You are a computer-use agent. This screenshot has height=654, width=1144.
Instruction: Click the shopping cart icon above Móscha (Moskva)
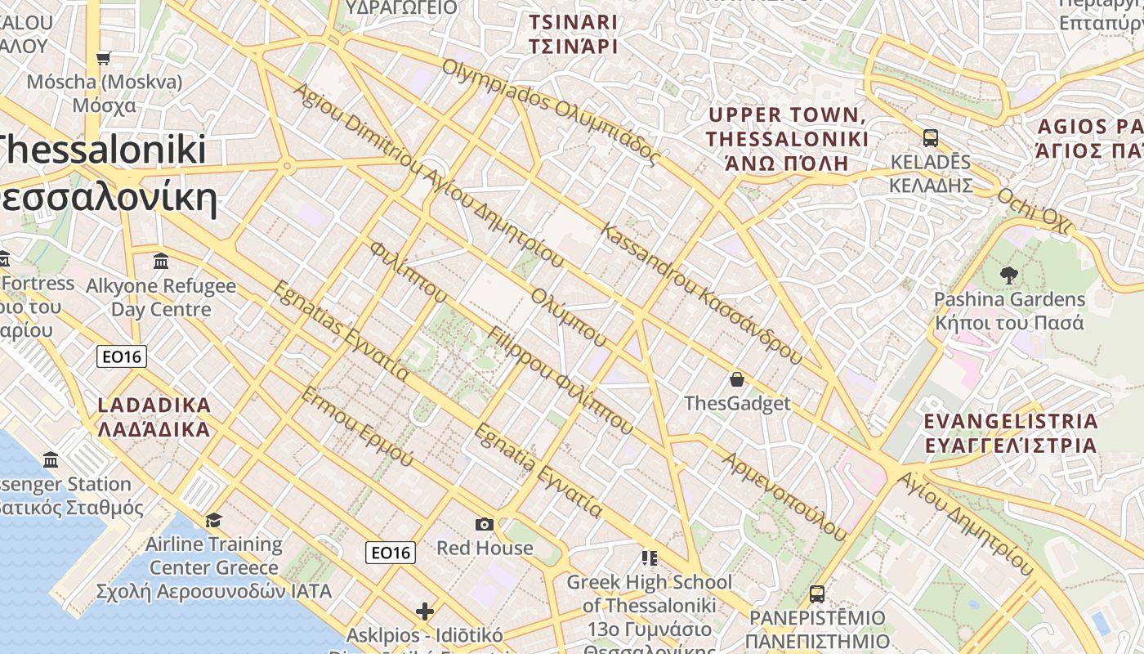pyautogui.click(x=103, y=58)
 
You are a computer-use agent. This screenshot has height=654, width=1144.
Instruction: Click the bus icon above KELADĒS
pyautogui.click(x=930, y=137)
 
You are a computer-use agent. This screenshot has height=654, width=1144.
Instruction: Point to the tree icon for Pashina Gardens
pyautogui.click(x=1009, y=275)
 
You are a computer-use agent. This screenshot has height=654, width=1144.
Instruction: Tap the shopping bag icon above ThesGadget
pyautogui.click(x=737, y=379)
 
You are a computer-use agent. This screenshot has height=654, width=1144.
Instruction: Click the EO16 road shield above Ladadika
pyautogui.click(x=121, y=356)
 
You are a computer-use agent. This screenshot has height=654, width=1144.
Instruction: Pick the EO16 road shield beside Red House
pyautogui.click(x=390, y=553)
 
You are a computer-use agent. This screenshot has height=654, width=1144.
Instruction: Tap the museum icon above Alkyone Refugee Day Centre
pyautogui.click(x=161, y=262)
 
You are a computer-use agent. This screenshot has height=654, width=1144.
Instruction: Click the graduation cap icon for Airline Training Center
pyautogui.click(x=213, y=520)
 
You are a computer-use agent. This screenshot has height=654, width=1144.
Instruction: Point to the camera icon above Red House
pyautogui.click(x=484, y=524)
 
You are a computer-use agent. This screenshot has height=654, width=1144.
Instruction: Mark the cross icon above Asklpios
pyautogui.click(x=424, y=611)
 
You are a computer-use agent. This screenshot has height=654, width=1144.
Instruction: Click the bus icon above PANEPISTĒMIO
pyautogui.click(x=816, y=594)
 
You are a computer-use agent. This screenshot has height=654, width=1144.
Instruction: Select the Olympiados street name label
pyautogui.click(x=551, y=111)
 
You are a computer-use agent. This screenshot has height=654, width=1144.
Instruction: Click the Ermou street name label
pyautogui.click(x=357, y=425)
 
